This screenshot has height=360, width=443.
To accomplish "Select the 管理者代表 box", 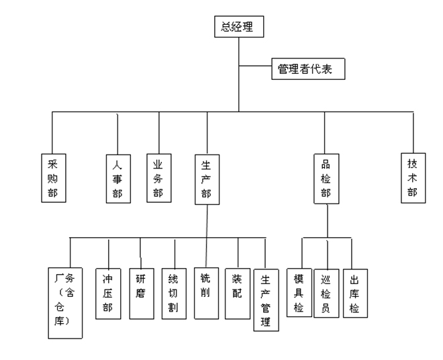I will coord(309,69).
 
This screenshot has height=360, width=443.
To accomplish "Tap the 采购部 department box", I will coord(54,177).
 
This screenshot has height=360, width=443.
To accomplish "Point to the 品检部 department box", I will coord(326,179).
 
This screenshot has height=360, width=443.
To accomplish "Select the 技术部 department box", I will coord(412,177).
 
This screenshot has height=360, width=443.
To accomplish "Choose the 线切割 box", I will coord(174,294).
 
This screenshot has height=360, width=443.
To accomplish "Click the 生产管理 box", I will coord(266,300).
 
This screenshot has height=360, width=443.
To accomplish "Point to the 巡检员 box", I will coord(326,294).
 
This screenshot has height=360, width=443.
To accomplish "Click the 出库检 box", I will coord(355,294).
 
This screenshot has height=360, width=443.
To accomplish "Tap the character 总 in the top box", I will coord(226,28).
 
